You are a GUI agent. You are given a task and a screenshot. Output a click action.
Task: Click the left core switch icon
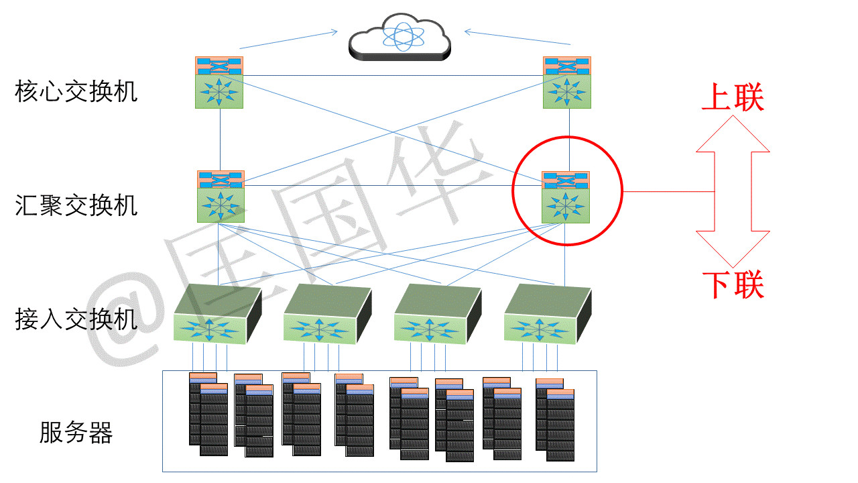219,82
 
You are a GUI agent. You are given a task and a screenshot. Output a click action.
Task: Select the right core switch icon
566,82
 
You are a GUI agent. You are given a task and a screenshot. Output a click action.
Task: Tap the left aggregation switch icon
221,196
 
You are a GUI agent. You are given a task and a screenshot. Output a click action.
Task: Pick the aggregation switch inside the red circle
566,197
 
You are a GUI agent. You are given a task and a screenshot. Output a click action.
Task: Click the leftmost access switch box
217,315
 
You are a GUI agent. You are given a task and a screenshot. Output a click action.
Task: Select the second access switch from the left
327,315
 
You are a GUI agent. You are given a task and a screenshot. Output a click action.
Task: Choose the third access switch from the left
437,315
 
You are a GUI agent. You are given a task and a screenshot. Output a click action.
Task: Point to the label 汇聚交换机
76,205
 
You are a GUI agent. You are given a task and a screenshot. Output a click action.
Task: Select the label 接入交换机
76,319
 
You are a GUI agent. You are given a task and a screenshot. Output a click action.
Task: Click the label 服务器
76,432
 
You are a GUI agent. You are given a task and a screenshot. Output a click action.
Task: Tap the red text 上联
732,99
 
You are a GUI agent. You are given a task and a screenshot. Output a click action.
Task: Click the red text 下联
732,285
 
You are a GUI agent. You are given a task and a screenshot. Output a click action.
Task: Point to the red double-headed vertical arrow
732,192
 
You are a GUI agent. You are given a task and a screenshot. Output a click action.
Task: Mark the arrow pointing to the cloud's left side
289,39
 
